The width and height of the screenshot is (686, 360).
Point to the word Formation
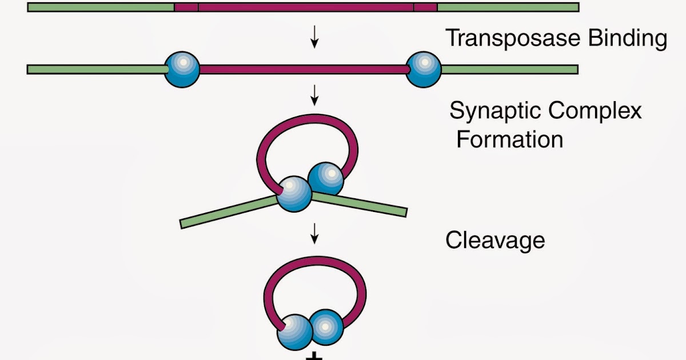509,139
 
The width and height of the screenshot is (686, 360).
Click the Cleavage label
495,241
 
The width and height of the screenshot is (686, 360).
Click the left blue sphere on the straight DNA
182,69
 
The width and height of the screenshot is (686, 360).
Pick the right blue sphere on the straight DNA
424,69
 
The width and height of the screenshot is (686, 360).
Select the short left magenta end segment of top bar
186,7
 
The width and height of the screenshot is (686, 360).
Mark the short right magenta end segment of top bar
425,7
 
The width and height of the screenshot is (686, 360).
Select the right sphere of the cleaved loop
326,326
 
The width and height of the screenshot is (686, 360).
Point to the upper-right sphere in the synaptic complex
326,179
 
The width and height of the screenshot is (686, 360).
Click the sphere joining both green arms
295,194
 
